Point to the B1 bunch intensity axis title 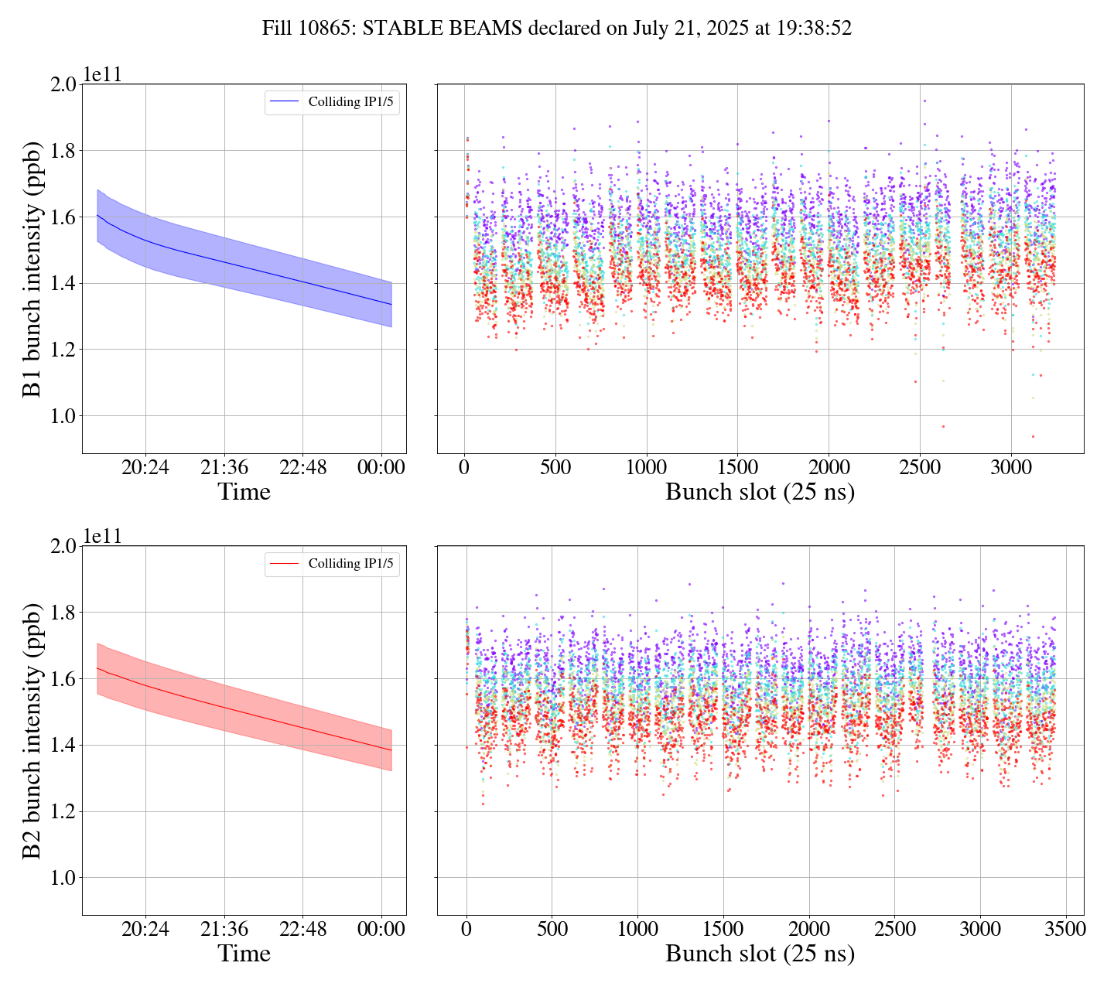32,268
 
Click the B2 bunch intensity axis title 32,731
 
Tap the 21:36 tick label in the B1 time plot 224,467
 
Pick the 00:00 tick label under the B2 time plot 381,929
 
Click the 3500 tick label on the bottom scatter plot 1065,929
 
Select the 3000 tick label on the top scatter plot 1011,467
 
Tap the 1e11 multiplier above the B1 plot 103,74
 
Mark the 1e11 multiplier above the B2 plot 103,536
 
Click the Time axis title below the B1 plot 244,492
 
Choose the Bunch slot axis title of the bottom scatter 760,954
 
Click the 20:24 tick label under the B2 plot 145,929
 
